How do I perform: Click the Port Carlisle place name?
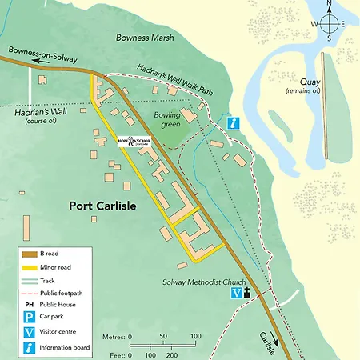[x=102, y=206]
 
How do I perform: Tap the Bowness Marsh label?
[x=143, y=37]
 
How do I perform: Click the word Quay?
[x=310, y=82]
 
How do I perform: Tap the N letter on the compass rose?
[x=328, y=5]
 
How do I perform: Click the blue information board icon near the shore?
[x=233, y=122]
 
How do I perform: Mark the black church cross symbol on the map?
[x=247, y=294]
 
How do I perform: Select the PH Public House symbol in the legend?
[x=30, y=305]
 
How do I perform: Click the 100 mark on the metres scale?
[x=194, y=336]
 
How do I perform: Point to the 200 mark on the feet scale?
[x=170, y=354]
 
